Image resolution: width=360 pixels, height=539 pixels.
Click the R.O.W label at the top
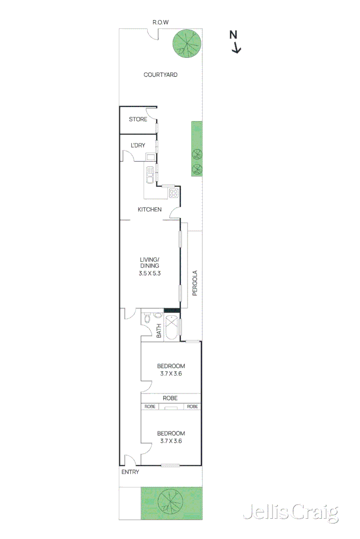(161, 22)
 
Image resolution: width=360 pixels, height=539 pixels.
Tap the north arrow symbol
(235, 42)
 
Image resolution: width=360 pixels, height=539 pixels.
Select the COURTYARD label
(160, 75)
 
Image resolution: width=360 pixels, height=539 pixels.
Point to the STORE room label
(138, 119)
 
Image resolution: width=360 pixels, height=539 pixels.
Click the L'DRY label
(138, 145)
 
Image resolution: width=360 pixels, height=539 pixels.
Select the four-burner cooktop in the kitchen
(173, 193)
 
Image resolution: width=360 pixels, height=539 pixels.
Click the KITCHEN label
(150, 209)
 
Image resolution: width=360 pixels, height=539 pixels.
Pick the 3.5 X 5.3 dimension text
(150, 273)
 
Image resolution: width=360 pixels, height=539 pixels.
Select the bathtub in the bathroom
(172, 327)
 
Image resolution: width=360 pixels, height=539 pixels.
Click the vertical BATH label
(158, 331)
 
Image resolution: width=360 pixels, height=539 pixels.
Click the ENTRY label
(130, 472)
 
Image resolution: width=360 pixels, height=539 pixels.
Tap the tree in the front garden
(170, 502)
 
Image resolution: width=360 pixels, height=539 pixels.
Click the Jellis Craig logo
(290, 513)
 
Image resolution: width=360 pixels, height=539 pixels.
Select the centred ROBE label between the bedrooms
(170, 398)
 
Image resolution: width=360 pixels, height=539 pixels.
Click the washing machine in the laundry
(151, 156)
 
